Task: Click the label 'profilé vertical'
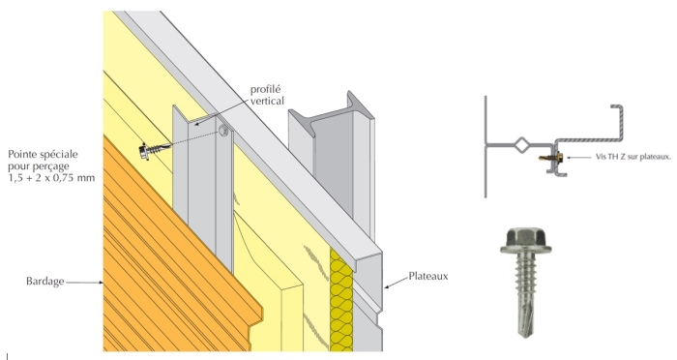267,95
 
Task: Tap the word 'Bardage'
44,282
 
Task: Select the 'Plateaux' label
428,276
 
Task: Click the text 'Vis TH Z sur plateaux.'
633,157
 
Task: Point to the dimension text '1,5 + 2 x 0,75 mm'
51,178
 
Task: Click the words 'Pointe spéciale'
43,154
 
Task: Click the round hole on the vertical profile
223,131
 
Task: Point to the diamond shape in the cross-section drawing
522,144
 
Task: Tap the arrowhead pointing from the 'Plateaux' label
387,286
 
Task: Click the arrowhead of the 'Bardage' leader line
101,283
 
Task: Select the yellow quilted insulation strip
341,300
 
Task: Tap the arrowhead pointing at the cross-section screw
570,158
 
